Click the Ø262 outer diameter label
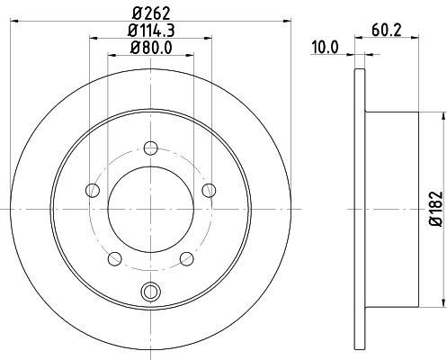pos(150,12)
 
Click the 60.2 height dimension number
pos(384,29)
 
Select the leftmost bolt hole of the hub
pos(92,189)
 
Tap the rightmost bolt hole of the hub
pos(209,189)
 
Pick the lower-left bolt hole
pos(114,258)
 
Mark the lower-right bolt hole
pos(186,258)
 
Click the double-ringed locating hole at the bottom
pos(150,290)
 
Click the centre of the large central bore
pos(150,209)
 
